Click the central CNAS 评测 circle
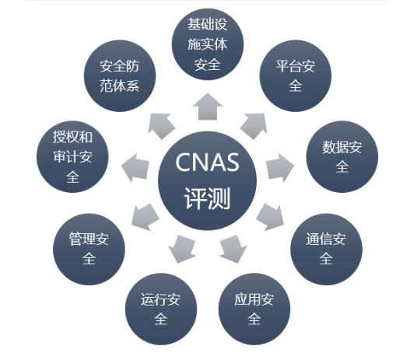tap(207, 180)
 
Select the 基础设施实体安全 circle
tap(208, 44)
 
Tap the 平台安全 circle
tap(296, 75)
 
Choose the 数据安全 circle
tap(342, 156)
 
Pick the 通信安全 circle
tap(326, 249)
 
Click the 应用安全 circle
tap(254, 309)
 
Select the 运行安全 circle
tap(161, 309)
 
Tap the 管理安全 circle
tap(89, 249)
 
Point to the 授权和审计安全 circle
tap(72, 156)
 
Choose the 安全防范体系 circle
tap(120, 75)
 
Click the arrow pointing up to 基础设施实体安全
tap(208, 107)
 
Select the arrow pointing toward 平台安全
tap(254, 126)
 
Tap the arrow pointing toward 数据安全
tap(280, 167)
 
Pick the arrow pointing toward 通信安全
tap(271, 217)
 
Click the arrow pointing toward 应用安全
tap(233, 249)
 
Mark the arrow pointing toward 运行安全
tap(182, 249)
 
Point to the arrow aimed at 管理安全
tap(145, 217)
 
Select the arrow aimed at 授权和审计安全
tap(135, 168)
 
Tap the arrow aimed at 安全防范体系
tap(161, 126)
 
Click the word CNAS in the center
tap(207, 163)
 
